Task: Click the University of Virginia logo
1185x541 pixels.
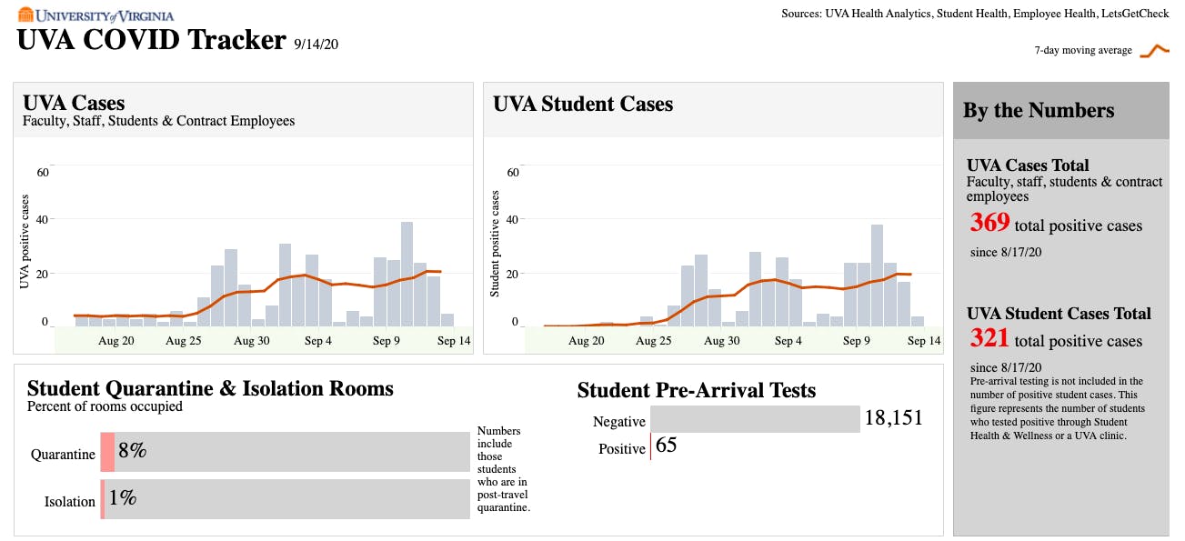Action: point(95,15)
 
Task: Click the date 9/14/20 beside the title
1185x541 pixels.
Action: point(316,43)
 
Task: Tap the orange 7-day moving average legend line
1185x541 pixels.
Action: point(1154,50)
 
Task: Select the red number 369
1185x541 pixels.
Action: point(989,223)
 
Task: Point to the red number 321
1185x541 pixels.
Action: point(989,338)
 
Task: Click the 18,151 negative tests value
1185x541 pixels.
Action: point(893,418)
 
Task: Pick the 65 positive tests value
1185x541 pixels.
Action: point(666,446)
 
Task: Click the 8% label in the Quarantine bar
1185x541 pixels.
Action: point(133,451)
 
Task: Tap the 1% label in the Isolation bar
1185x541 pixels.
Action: point(123,498)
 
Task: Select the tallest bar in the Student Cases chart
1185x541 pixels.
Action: point(877,275)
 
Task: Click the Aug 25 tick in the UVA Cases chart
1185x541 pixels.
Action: point(184,341)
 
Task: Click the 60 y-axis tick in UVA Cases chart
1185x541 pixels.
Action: point(42,172)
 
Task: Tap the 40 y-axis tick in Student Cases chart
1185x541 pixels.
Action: point(512,219)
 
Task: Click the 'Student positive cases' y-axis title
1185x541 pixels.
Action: point(496,243)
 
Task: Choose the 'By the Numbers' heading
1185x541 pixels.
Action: point(1038,111)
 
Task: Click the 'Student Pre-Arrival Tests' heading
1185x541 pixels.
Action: point(696,391)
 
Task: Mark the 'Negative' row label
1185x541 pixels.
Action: point(618,422)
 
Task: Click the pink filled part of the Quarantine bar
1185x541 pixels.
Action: point(107,452)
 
